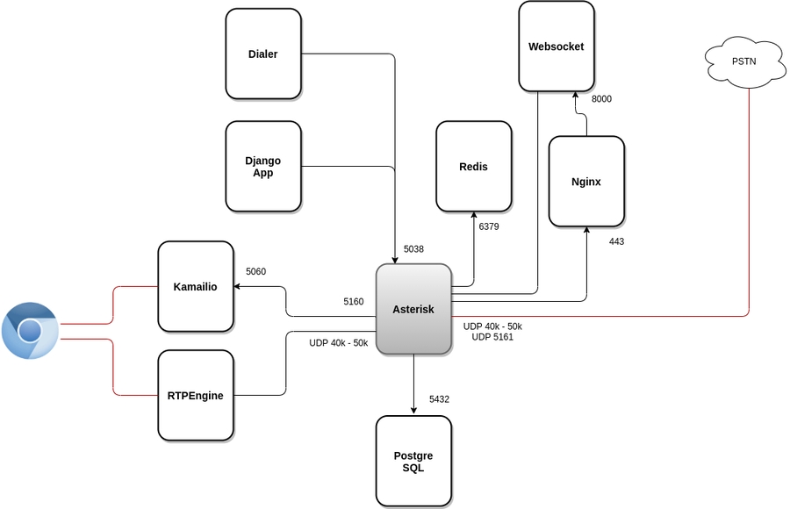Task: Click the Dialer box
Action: [x=263, y=54]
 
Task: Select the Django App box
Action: [x=263, y=167]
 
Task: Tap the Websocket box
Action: [x=557, y=47]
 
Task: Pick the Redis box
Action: [x=473, y=167]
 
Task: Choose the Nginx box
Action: [x=586, y=182]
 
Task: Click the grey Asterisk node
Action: [x=413, y=309]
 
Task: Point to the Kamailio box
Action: [x=196, y=287]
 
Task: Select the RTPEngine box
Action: [x=196, y=395]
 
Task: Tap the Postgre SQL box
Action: [x=413, y=462]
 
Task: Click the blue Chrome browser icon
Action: [x=30, y=331]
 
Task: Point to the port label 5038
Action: [x=413, y=249]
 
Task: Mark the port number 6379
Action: [x=489, y=226]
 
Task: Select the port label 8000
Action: [x=601, y=99]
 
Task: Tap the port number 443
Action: [x=616, y=241]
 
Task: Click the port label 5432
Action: [x=439, y=399]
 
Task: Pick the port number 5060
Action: [x=255, y=272]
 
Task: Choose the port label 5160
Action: [x=353, y=302]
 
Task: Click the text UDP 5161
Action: [x=492, y=337]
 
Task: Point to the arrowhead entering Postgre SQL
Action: [x=413, y=410]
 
